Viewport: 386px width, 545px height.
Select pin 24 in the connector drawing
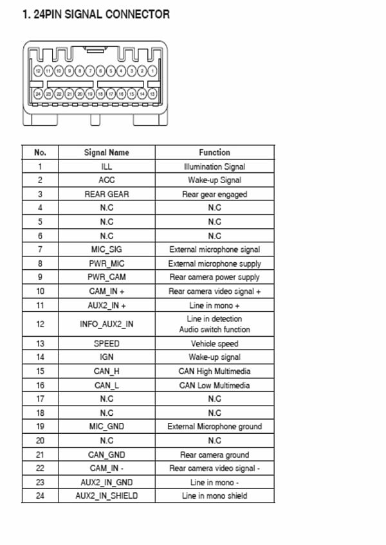pos(39,94)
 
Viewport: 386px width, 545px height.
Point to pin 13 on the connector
pos(152,94)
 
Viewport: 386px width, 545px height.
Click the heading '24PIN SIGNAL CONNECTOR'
pos(96,14)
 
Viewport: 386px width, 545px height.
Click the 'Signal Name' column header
pos(107,152)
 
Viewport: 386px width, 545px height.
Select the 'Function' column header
pos(214,152)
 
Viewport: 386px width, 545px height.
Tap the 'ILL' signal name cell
pos(107,166)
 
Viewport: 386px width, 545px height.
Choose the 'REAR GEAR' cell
pos(107,194)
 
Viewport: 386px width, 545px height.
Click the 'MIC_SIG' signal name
pos(107,249)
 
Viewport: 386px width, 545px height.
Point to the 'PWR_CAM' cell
pos(107,278)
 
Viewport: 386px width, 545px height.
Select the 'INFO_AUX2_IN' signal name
pos(107,324)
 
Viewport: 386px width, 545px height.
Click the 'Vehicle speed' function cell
pos(214,344)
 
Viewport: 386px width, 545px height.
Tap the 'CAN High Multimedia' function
pos(214,371)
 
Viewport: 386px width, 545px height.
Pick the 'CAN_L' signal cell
pos(107,386)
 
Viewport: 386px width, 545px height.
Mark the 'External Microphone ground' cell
pos(214,427)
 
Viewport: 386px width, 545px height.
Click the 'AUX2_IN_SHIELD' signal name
pos(107,496)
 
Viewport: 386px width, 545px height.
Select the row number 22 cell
pos(40,469)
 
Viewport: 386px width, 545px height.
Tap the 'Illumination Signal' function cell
pos(214,166)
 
